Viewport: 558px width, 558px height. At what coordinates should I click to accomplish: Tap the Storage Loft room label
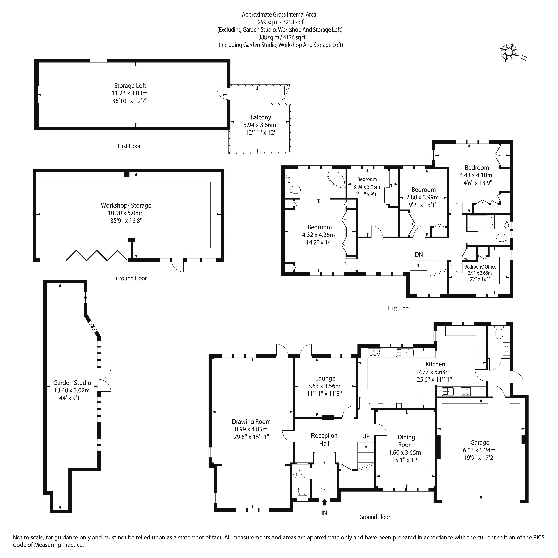[130, 86]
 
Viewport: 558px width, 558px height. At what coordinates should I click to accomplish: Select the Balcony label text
[261, 117]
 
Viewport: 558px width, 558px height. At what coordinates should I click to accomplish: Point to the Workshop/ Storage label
[126, 205]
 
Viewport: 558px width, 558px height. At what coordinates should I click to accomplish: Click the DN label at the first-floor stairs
[419, 255]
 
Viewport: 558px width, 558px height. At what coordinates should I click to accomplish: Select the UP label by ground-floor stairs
[366, 436]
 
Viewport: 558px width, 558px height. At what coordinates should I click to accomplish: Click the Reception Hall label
[324, 440]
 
